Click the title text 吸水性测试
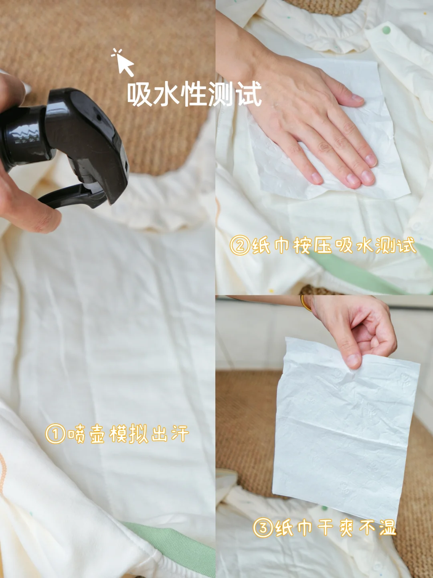click(194, 94)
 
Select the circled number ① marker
click(55, 434)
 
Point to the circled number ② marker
click(240, 245)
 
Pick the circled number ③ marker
click(263, 528)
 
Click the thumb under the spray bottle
click(32, 217)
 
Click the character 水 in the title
click(166, 94)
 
